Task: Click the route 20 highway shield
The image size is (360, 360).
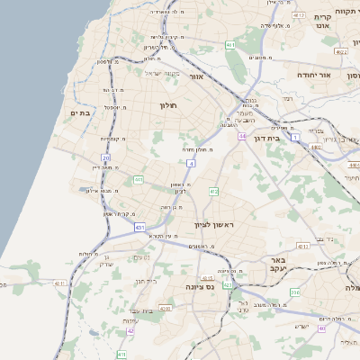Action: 105,157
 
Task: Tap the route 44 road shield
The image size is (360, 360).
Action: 242,136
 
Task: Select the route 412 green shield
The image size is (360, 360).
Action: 213,192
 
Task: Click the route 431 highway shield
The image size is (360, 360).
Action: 139,228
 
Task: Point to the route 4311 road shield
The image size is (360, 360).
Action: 60,283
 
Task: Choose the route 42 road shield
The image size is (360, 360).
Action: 130,330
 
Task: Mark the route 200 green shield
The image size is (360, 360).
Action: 294,292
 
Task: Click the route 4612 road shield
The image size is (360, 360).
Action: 340,52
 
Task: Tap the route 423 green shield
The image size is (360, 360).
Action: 228,285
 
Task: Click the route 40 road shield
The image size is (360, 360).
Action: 321,328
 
